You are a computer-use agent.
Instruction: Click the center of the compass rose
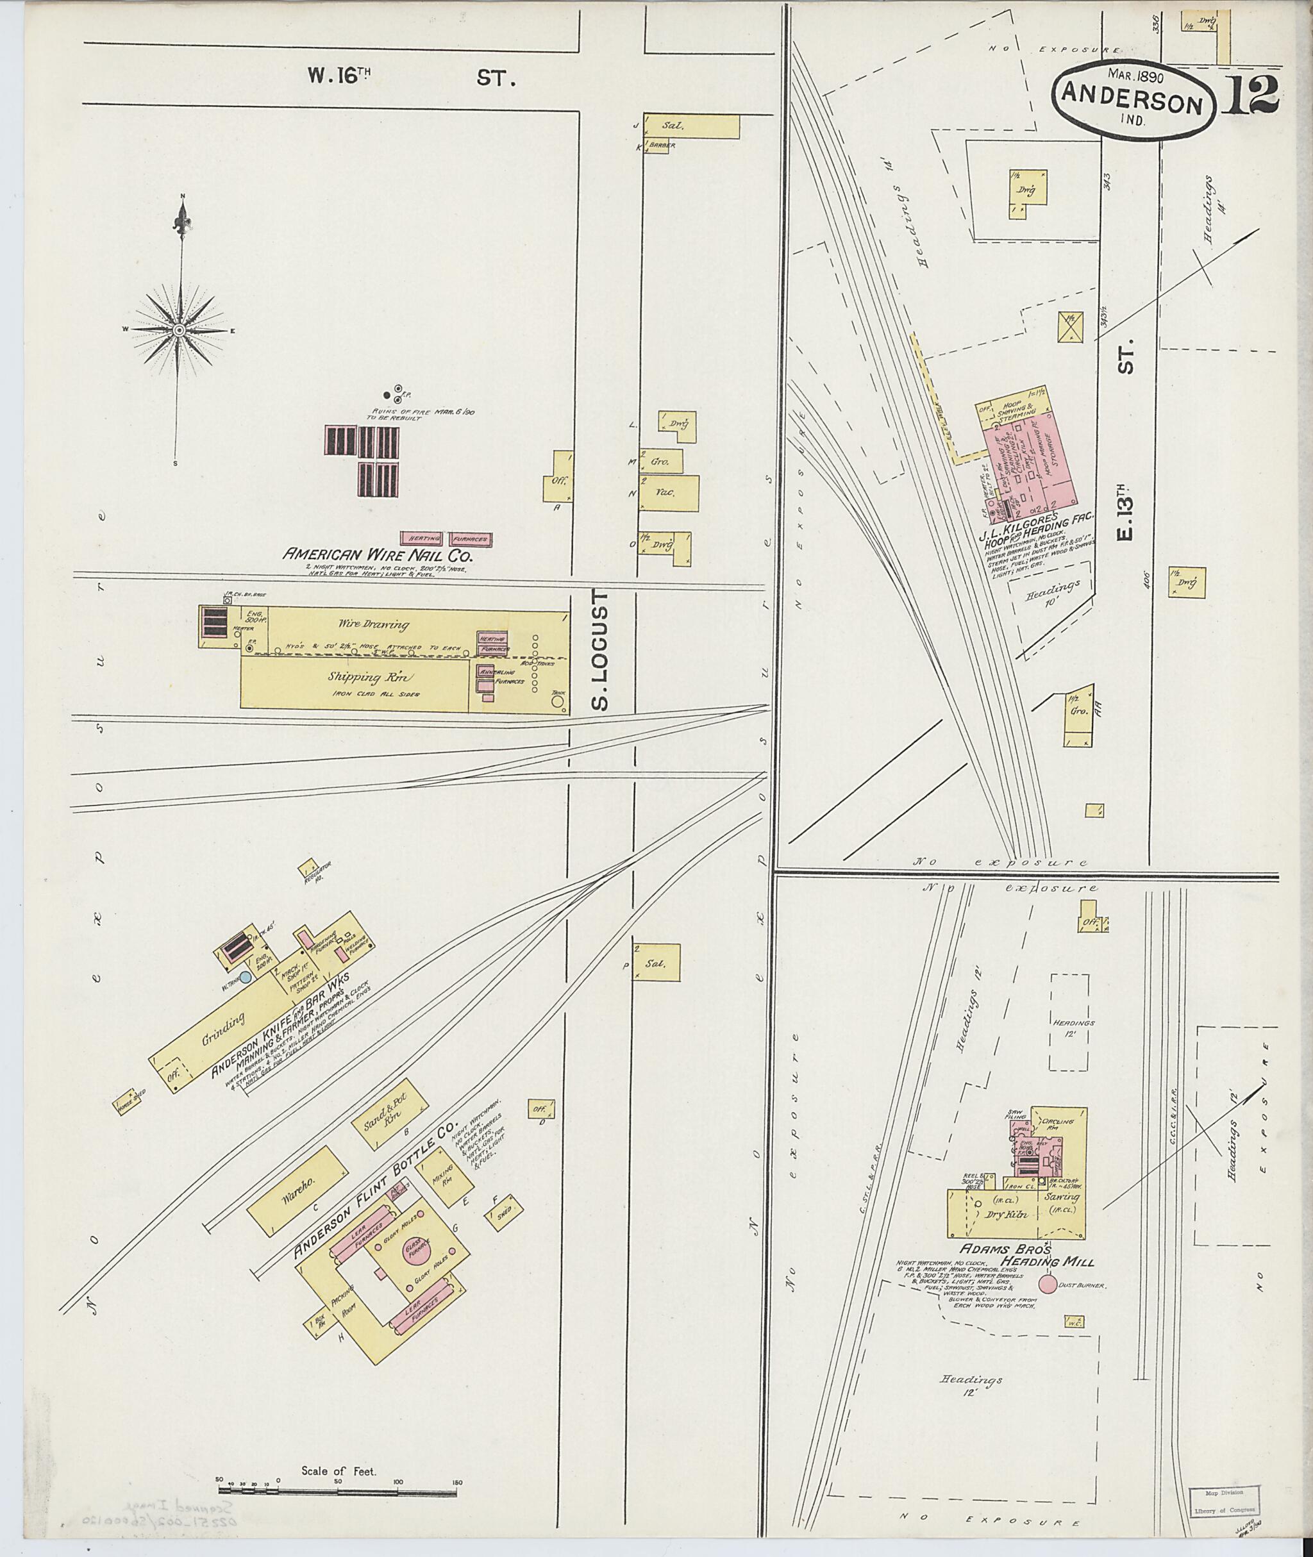180,329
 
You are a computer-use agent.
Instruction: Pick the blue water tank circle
245,975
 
